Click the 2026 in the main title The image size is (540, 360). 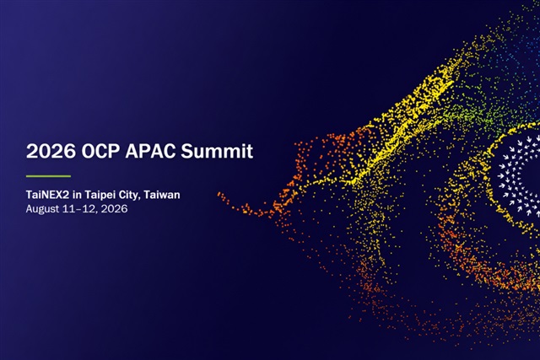[51, 151]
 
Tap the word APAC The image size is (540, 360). [150, 151]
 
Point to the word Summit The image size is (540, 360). [217, 151]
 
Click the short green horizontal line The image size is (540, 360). [48, 176]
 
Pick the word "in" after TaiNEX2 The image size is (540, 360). [77, 195]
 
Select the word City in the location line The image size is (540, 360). [129, 196]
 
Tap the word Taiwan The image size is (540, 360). [162, 195]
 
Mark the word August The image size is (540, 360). [42, 209]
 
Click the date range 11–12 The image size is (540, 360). [79, 209]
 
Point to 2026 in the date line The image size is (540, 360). [114, 209]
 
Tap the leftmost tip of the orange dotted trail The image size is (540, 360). [219, 194]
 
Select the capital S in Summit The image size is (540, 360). [187, 151]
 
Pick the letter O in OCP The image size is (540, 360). [89, 151]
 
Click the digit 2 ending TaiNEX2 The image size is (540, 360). [66, 195]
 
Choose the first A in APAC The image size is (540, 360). [132, 151]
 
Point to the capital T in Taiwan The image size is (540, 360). [148, 195]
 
